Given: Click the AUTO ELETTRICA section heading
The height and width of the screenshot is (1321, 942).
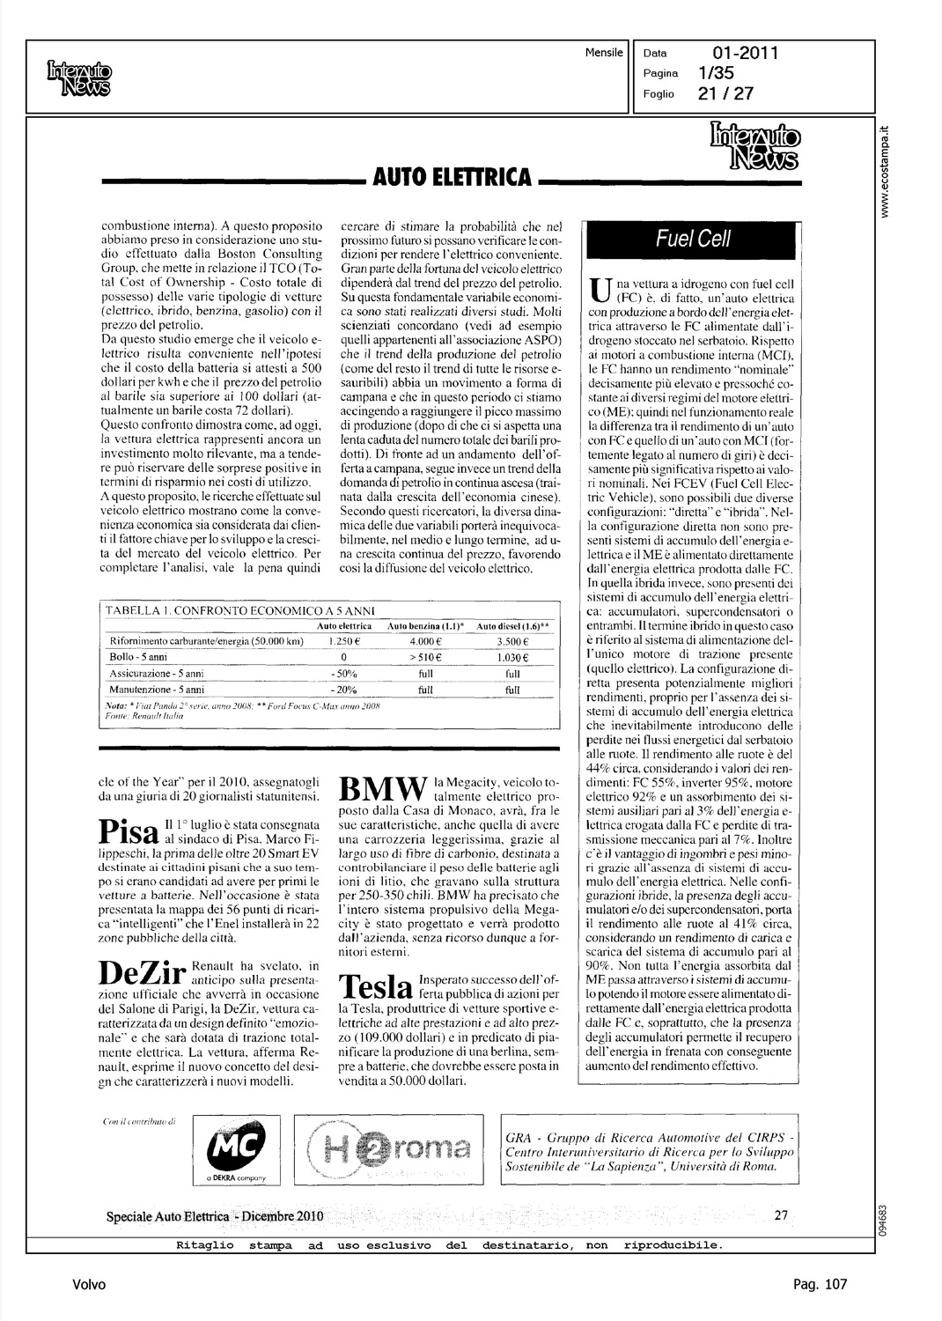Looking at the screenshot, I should (x=453, y=179).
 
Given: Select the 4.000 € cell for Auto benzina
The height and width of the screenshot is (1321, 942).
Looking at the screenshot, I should (x=425, y=641).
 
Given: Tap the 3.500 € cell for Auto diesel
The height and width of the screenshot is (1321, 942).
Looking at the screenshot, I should (x=511, y=641).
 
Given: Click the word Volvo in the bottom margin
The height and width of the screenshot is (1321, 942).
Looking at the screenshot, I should (x=89, y=1285).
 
